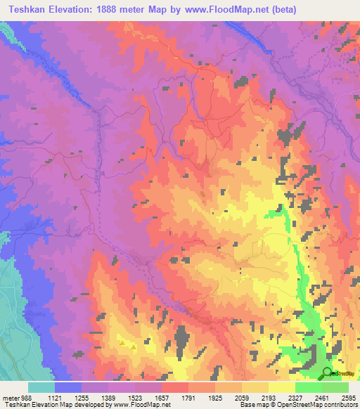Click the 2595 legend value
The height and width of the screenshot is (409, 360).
[349, 397]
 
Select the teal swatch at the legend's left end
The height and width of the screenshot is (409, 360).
[41, 387]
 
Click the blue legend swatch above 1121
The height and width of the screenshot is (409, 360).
[68, 387]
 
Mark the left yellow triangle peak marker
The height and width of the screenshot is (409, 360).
[124, 343]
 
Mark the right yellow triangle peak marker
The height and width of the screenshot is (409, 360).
[134, 346]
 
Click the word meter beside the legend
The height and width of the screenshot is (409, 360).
[8, 397]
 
